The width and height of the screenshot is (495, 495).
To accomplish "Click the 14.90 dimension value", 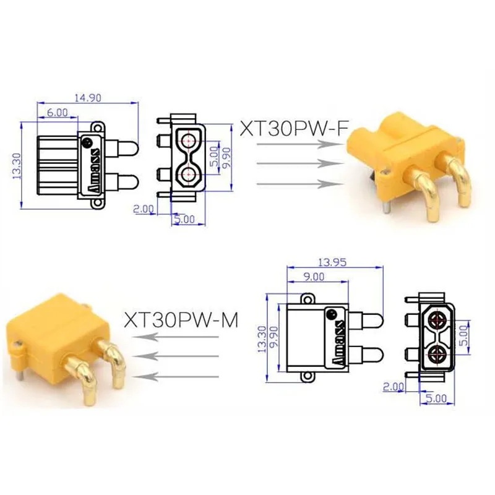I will [87, 97].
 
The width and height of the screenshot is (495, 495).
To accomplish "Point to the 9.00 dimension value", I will [314, 277].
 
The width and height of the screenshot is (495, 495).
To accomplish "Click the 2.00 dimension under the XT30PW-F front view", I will [144, 209].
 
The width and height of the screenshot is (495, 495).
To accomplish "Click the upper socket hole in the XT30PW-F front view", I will [187, 140].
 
